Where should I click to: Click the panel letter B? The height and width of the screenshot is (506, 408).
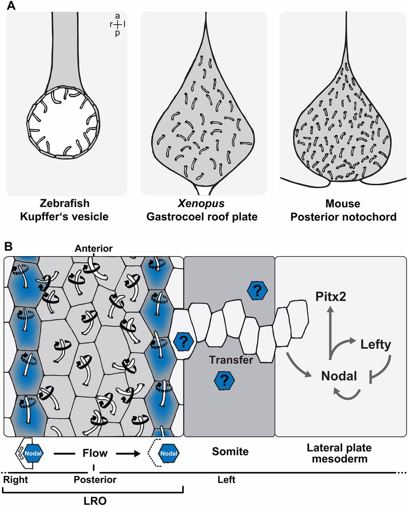click(x=9, y=247)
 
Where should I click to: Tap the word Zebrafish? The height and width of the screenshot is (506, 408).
click(x=64, y=204)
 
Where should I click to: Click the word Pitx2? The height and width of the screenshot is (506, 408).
click(x=331, y=296)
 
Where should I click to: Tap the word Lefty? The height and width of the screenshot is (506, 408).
click(x=375, y=345)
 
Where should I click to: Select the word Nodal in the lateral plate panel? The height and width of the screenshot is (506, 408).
click(x=339, y=376)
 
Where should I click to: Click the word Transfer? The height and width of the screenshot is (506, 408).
click(x=231, y=360)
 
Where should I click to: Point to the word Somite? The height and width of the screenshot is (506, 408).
click(x=230, y=451)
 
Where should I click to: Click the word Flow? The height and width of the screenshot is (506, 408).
click(x=95, y=453)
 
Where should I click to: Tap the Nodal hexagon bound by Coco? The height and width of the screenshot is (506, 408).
click(x=32, y=453)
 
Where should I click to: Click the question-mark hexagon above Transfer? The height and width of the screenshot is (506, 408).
click(x=257, y=291)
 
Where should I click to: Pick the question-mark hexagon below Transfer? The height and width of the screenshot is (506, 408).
click(x=225, y=381)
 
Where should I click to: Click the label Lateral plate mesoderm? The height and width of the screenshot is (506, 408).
click(x=339, y=453)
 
